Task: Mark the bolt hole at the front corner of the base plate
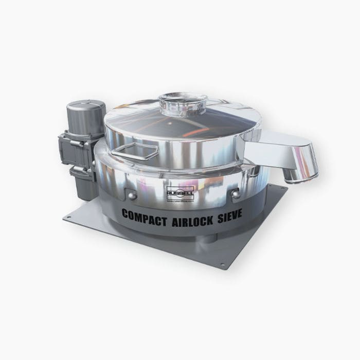click(222, 266)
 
